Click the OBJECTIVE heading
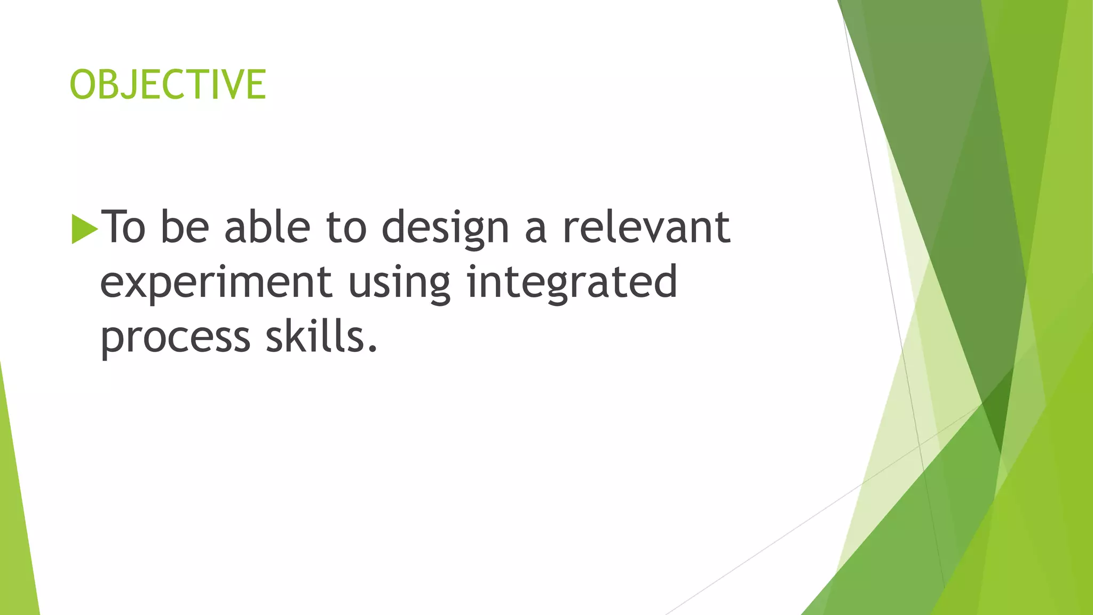[168, 84]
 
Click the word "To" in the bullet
[123, 227]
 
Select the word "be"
[185, 227]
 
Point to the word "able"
[267, 227]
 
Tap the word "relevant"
[646, 227]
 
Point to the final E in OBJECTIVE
[255, 84]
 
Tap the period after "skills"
[373, 350]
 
